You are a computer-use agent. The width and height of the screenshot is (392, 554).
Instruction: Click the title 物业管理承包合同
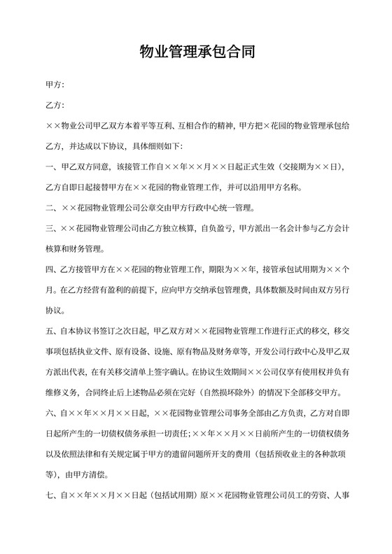[195, 52]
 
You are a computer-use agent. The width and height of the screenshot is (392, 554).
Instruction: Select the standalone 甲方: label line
[55, 85]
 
